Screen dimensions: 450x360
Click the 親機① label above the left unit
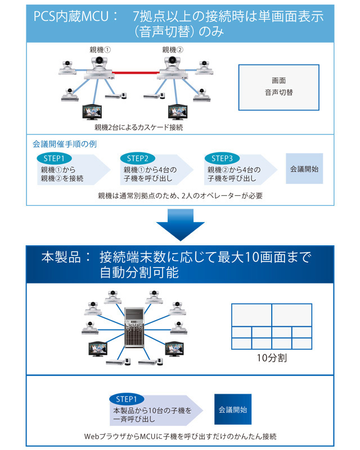pyautogui.click(x=101, y=49)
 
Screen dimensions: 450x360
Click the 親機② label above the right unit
pyautogui.click(x=173, y=49)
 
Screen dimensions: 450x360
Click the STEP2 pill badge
pyautogui.click(x=138, y=158)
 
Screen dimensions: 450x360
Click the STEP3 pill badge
pyautogui.click(x=222, y=158)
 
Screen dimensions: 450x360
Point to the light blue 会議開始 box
pyautogui.click(x=305, y=168)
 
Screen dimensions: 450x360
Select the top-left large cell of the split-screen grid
pyautogui.click(x=251, y=312)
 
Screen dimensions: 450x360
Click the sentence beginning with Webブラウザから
pyautogui.click(x=180, y=436)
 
